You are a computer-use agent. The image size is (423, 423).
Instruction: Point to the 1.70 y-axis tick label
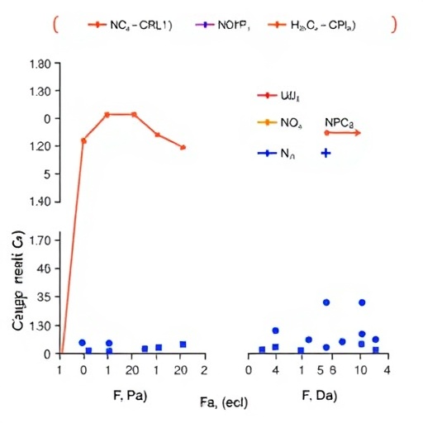tap(40, 241)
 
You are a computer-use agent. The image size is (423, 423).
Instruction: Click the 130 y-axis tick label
tap(41, 326)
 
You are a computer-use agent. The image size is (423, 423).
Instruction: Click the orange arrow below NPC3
tap(342, 132)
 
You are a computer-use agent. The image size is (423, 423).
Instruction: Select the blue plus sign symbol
tap(326, 154)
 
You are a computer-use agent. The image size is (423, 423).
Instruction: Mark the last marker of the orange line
tap(183, 147)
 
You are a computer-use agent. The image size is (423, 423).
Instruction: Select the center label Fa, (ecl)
tap(224, 402)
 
